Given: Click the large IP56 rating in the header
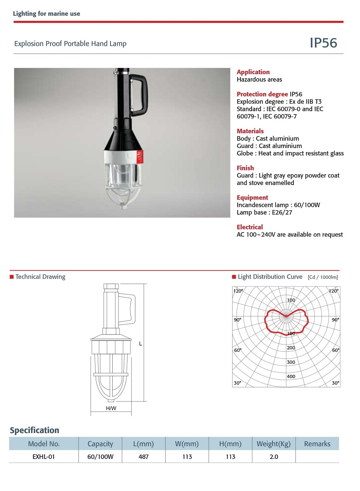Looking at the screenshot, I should pyautogui.click(x=323, y=43).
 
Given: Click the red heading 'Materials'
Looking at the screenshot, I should pyautogui.click(x=250, y=131).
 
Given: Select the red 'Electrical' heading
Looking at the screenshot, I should pyautogui.click(x=250, y=227).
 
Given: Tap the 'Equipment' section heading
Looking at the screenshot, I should pyautogui.click(x=252, y=197).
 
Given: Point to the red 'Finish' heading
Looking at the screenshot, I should pyautogui.click(x=245, y=168).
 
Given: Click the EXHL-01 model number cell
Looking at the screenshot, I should pyautogui.click(x=44, y=456).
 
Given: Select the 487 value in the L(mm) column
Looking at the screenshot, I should pyautogui.click(x=144, y=456).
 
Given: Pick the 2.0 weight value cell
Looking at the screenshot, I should pyautogui.click(x=274, y=456).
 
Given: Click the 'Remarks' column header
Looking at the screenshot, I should pyautogui.click(x=317, y=444).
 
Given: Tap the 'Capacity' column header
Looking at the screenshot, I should pyautogui.click(x=100, y=444).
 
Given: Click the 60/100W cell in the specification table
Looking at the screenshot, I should pyautogui.click(x=100, y=456).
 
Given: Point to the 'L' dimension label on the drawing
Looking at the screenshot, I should pyautogui.click(x=140, y=344).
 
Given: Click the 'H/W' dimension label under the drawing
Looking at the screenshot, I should pyautogui.click(x=111, y=408).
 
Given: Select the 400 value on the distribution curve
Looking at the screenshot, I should pyautogui.click(x=291, y=376).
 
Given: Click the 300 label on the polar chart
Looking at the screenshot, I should pyautogui.click(x=291, y=362).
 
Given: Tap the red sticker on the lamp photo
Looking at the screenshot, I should pyautogui.click(x=140, y=157).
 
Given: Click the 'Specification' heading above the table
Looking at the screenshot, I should pyautogui.click(x=35, y=430).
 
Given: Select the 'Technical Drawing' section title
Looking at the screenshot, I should pyautogui.click(x=40, y=276).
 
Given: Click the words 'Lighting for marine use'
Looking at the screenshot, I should pyautogui.click(x=46, y=14).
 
